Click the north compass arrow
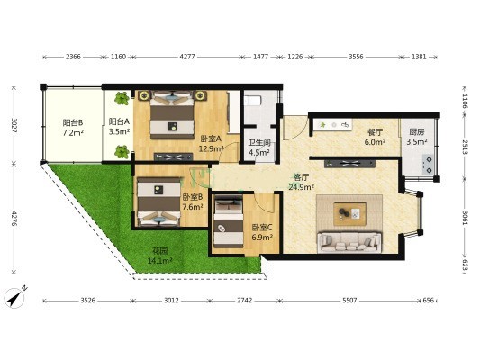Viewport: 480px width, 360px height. [15, 298]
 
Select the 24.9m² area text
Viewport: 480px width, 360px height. [301, 187]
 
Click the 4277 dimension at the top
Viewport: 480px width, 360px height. [187, 57]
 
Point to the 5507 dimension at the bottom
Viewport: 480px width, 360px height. [349, 301]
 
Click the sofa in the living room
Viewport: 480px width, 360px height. [349, 242]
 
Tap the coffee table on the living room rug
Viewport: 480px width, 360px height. [350, 213]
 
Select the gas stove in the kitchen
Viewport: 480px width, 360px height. [429, 165]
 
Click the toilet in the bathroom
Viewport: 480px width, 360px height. [252, 100]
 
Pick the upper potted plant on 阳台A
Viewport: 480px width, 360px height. [122, 98]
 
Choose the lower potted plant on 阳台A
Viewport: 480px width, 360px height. [122, 152]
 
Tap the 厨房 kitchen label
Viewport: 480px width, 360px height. [417, 132]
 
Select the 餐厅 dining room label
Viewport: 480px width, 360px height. [375, 132]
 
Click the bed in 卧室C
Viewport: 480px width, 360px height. [229, 223]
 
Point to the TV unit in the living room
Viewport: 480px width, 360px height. [350, 163]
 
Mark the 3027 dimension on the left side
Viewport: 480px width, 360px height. [14, 125]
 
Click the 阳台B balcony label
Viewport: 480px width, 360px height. [73, 122]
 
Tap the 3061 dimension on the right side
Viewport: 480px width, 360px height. [465, 219]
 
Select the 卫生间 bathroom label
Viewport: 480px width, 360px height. [259, 142]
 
